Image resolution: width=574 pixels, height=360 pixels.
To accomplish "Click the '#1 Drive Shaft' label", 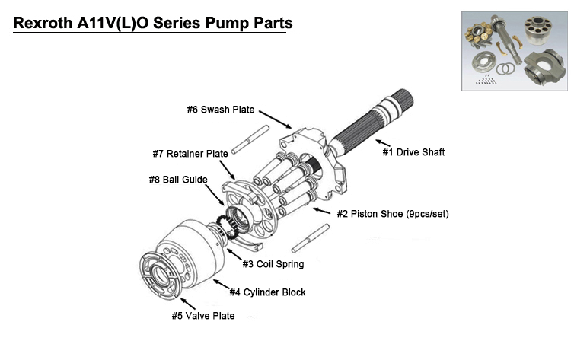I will (413, 152).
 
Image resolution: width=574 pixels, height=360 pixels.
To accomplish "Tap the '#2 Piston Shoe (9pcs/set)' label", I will (393, 214).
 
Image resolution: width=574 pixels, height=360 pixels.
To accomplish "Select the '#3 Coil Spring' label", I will (273, 264).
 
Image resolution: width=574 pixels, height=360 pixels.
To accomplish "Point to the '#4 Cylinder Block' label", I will (268, 292).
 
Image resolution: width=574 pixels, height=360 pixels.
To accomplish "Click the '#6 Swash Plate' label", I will (221, 110).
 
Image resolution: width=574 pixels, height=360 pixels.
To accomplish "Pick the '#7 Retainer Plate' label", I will (190, 154).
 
